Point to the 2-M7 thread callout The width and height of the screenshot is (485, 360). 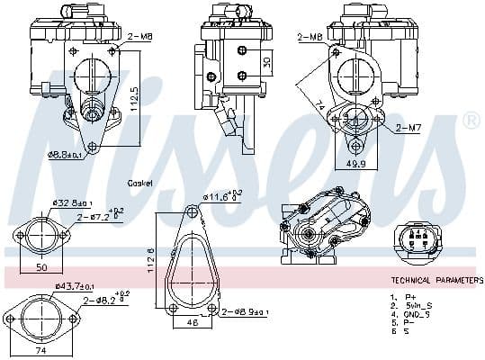point(408,128)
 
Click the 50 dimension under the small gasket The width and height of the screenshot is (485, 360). point(42,268)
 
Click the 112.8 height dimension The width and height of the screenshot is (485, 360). point(151,264)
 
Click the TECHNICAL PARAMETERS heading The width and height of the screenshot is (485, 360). point(436,281)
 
